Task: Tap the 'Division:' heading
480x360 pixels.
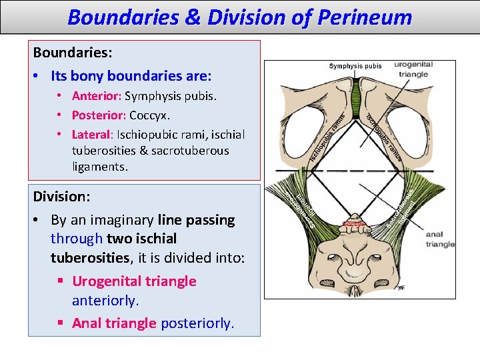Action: pos(61,197)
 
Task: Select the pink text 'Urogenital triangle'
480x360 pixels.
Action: pos(134,281)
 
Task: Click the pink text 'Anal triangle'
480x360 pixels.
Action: pos(113,323)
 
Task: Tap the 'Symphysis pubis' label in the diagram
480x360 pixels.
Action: pos(355,66)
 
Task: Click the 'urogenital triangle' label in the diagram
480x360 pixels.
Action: pos(413,69)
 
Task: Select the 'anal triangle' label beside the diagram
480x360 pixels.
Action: pos(439,239)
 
